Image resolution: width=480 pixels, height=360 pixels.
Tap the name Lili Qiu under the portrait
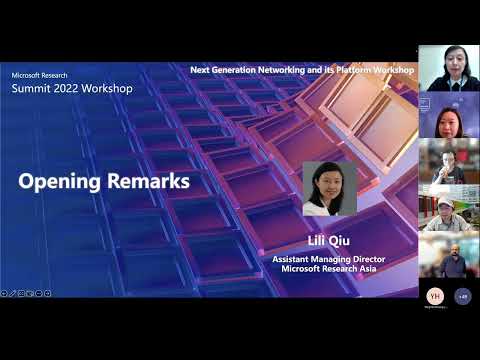(x=330, y=241)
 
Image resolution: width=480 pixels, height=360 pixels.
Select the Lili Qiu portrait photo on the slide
(x=330, y=189)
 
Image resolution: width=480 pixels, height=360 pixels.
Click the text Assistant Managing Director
(x=330, y=258)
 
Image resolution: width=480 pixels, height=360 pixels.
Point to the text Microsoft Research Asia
(x=330, y=268)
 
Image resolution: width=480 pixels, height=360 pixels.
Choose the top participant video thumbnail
(x=448, y=68)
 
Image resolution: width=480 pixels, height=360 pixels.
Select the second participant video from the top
(x=448, y=115)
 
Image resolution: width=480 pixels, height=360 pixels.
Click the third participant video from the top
(x=448, y=161)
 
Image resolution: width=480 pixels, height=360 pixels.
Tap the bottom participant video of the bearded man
(x=448, y=255)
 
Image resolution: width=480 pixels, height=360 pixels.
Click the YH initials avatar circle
(x=434, y=296)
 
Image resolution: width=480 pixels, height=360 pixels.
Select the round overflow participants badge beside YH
(x=462, y=296)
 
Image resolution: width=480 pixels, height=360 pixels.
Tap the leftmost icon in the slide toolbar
(x=4, y=293)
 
